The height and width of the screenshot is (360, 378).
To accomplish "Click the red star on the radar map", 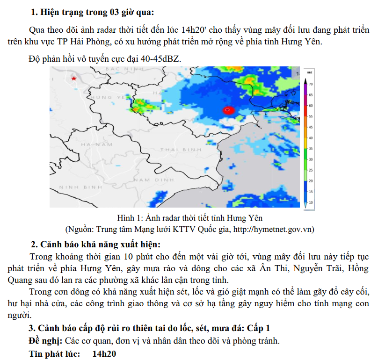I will [x=73, y=79].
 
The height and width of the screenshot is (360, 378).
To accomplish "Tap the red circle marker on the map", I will [x=228, y=110].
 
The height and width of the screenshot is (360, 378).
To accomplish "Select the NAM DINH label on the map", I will [x=154, y=180].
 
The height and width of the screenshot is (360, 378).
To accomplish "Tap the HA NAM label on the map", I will [x=96, y=145].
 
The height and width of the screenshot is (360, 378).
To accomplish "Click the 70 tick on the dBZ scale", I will [x=311, y=84].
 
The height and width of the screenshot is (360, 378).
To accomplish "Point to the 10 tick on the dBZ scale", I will [x=311, y=202].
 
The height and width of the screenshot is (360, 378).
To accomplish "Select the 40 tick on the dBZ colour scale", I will [x=311, y=138].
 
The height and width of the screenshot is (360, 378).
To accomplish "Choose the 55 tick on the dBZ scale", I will [x=311, y=116].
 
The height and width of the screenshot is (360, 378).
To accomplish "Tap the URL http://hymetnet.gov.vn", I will [x=273, y=229].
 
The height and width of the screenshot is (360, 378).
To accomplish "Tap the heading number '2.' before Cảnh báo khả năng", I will [x=34, y=245].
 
